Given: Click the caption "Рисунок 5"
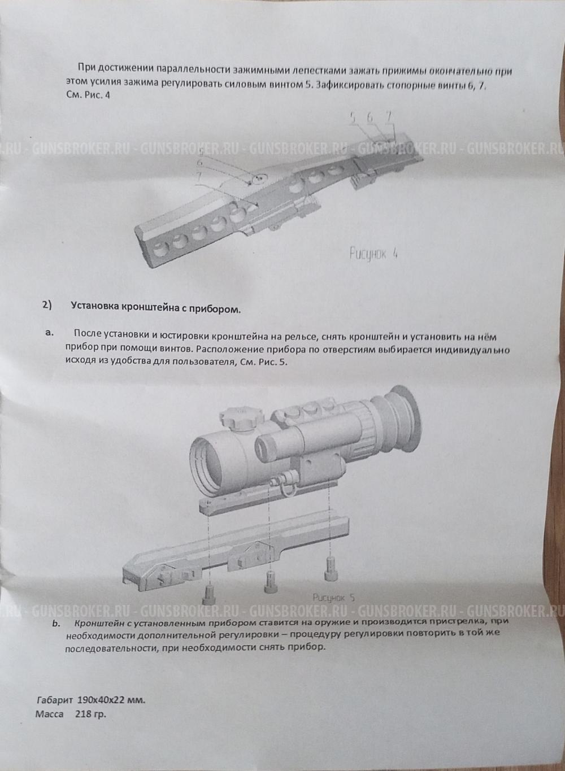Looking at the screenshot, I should [333, 598].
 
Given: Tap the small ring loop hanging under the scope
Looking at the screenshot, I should [282, 486].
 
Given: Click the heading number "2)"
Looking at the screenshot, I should [46, 306].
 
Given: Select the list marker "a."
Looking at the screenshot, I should [49, 333].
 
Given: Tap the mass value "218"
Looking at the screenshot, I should [82, 713].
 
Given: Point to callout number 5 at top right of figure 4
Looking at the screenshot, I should [353, 117].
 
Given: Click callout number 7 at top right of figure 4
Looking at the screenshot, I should [389, 116].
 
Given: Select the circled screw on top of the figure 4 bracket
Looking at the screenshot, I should [259, 179].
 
